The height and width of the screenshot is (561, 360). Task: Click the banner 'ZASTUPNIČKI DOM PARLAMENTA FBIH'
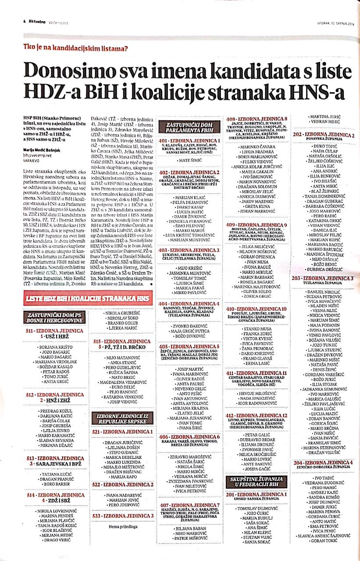[x=189, y=127]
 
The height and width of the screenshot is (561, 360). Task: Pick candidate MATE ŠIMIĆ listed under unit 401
[x=189, y=161]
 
